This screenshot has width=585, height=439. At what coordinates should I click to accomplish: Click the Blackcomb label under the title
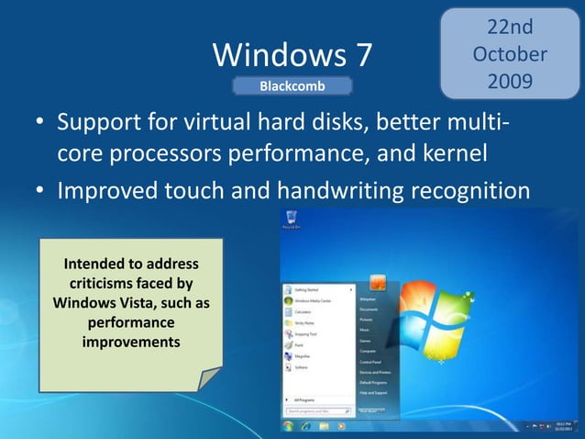[292, 86]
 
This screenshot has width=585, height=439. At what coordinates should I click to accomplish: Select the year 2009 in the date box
[510, 82]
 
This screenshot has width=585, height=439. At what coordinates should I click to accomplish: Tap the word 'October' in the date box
[510, 54]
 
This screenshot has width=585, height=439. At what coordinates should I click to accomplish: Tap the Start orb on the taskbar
[288, 427]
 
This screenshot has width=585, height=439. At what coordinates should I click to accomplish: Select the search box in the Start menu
[315, 411]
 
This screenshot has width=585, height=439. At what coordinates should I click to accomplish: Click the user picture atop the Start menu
[376, 281]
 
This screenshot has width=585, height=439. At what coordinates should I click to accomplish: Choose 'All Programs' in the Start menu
[305, 400]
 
